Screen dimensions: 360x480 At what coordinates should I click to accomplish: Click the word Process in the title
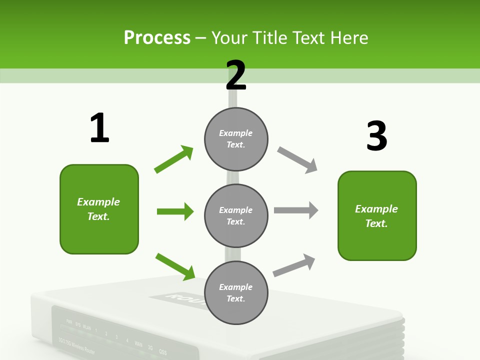(157, 37)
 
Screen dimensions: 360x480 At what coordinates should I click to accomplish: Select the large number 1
(99, 128)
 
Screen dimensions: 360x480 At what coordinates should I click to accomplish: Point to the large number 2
(236, 75)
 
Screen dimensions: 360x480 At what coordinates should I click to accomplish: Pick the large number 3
(376, 136)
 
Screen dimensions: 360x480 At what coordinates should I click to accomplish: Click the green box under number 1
(99, 209)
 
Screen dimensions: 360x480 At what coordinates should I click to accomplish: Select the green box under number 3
(377, 216)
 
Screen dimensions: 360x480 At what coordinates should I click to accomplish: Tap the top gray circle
(236, 139)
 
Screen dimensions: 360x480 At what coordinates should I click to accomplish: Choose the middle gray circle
(236, 215)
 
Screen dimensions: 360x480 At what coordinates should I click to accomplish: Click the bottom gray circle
(236, 292)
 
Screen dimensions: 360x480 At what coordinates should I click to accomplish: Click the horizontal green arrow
(175, 211)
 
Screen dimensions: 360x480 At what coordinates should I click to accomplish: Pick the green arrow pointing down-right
(175, 266)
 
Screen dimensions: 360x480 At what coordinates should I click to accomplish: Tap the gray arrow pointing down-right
(297, 160)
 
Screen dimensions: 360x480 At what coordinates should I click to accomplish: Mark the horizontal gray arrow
(296, 210)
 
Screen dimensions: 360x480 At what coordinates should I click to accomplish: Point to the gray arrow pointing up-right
(294, 265)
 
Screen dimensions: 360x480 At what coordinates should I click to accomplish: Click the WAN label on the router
(138, 344)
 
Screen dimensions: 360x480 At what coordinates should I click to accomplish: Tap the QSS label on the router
(162, 351)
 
